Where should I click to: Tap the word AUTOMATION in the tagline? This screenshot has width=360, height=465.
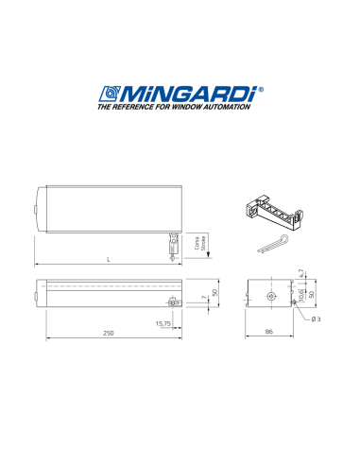228,108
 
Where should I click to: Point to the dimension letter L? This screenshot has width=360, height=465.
109,259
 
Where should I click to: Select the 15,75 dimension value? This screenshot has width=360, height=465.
163,323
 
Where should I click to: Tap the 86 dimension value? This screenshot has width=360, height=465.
269,333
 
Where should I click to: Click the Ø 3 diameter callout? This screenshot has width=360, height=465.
316,319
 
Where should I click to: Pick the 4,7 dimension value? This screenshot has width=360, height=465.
300,273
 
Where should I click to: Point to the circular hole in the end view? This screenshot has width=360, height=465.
271,295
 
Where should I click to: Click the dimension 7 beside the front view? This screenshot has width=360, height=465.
203,299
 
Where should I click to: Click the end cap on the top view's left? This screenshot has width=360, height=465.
37,211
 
